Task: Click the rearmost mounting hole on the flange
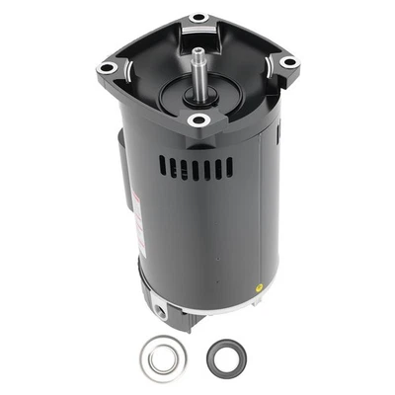[x=198, y=18]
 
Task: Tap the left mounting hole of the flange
[x=105, y=67]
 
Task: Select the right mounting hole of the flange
[x=288, y=62]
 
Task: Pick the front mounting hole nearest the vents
[x=197, y=120]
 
